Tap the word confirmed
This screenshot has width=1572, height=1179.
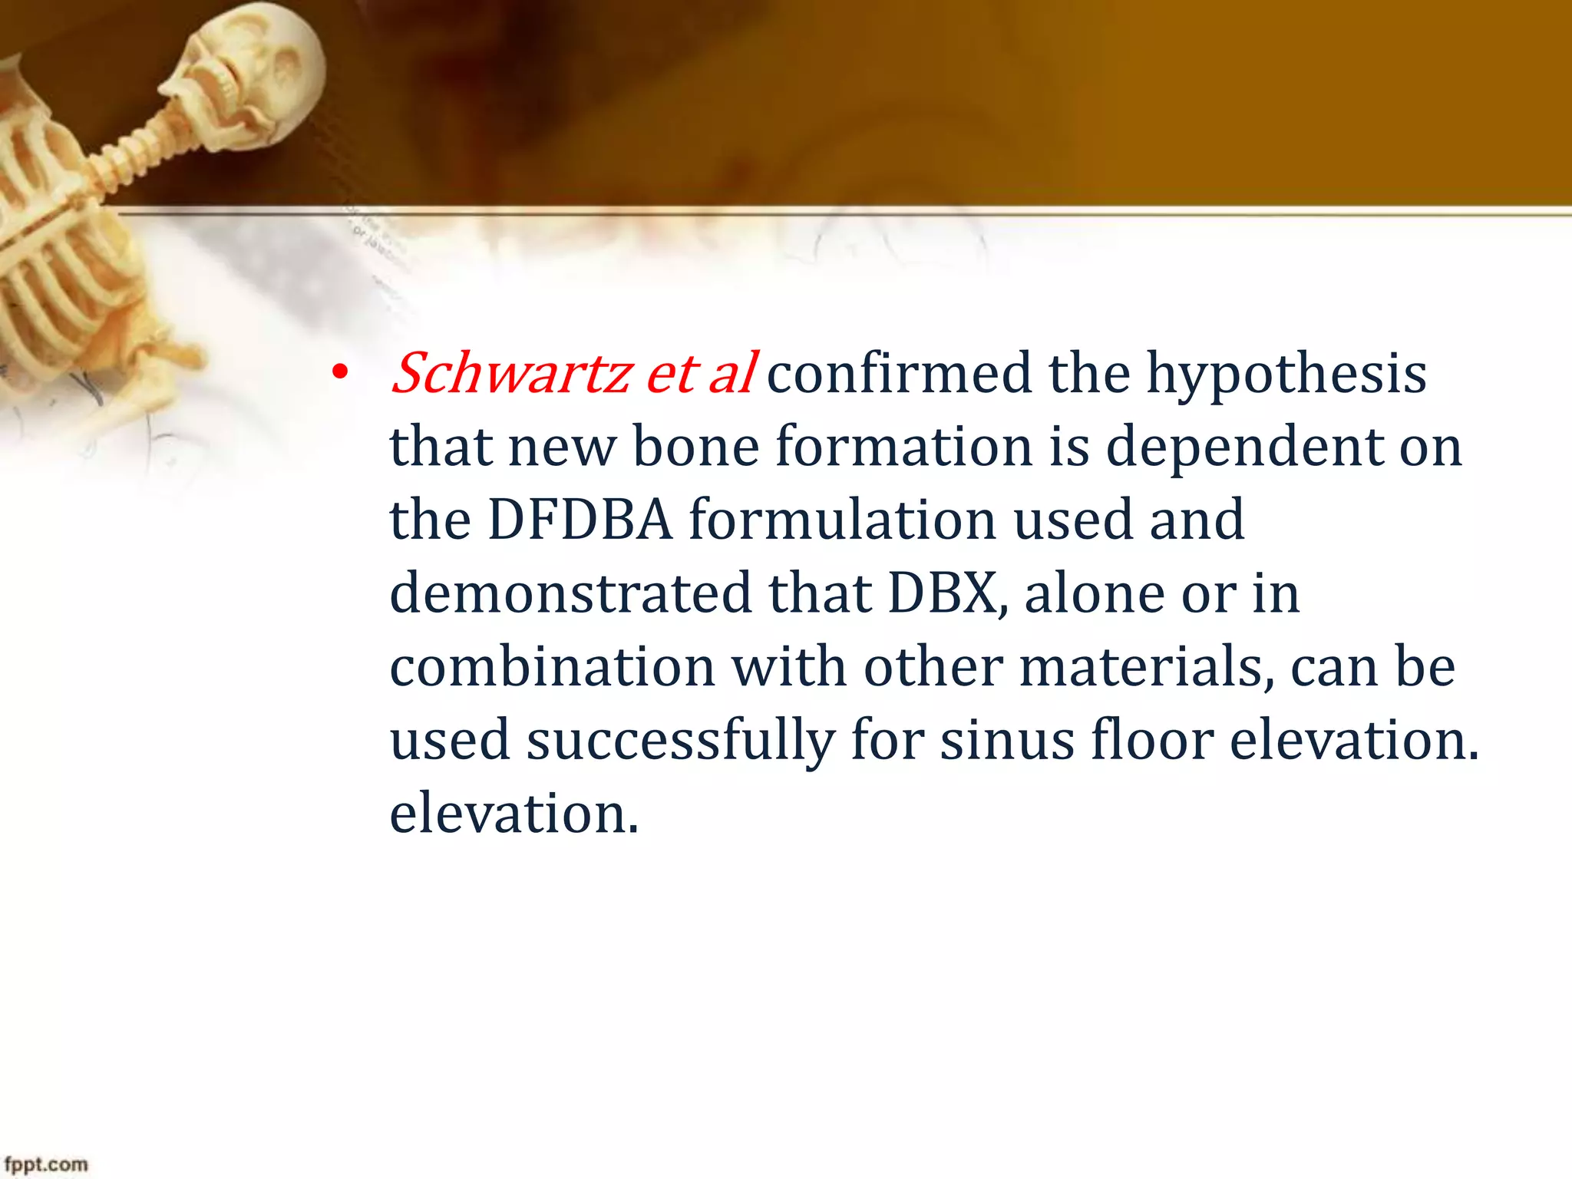(x=899, y=374)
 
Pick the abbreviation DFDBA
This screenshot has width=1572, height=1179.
(x=580, y=520)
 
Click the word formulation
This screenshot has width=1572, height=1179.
(x=842, y=520)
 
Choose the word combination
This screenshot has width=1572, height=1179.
(x=553, y=666)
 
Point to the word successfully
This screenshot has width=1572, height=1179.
(x=680, y=741)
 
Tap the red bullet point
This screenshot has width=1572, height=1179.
(x=339, y=375)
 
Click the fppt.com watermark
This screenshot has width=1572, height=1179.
(x=46, y=1164)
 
